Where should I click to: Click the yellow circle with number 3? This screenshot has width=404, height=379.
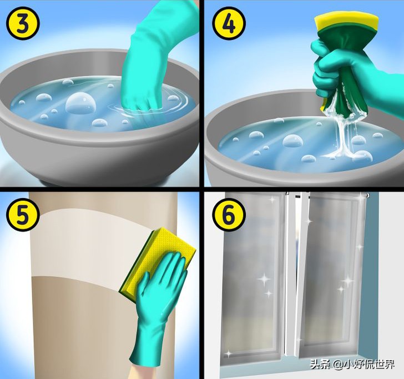23,23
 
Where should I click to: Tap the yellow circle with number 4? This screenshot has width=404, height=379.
229,23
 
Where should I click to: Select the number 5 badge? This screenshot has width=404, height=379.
23,213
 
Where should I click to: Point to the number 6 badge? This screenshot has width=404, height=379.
229,213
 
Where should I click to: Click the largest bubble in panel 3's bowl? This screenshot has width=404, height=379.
80,102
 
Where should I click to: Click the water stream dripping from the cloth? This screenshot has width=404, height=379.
340,137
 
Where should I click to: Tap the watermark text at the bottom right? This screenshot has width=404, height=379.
352,364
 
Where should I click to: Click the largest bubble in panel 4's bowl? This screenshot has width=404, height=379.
292,141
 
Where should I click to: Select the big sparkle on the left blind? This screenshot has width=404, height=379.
264,279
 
